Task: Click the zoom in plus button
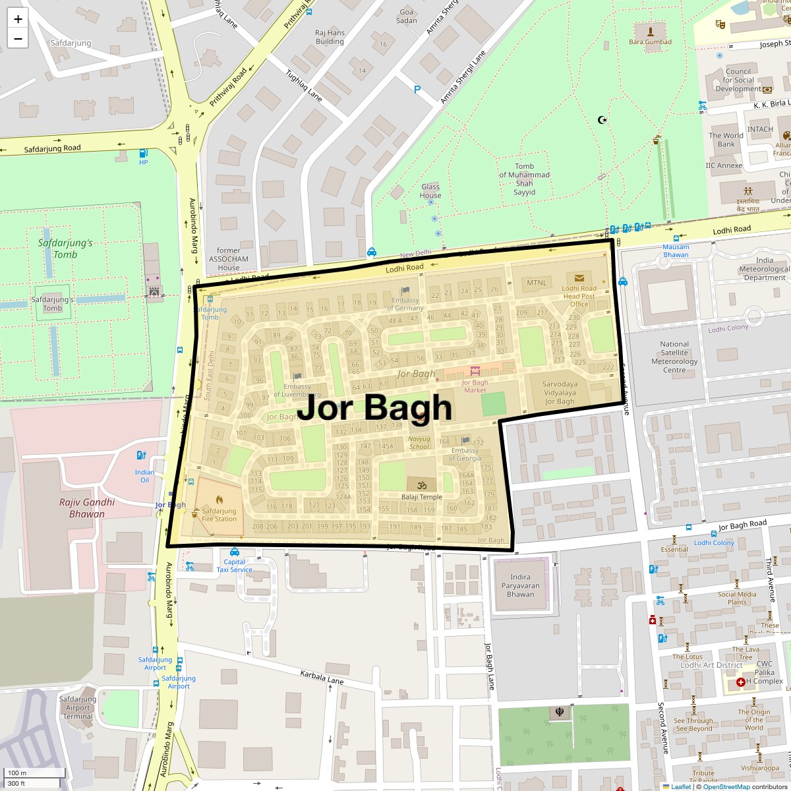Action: pyautogui.click(x=18, y=19)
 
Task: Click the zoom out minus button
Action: pyautogui.click(x=18, y=39)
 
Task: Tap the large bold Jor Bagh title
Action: pyautogui.click(x=374, y=407)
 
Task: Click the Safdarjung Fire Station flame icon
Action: pyautogui.click(x=219, y=500)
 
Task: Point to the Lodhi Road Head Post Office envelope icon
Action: pyautogui.click(x=579, y=278)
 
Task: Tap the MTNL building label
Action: pyautogui.click(x=537, y=283)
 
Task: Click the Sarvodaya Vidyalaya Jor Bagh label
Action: pyautogui.click(x=560, y=393)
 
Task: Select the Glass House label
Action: pyautogui.click(x=430, y=191)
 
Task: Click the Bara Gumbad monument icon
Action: pyautogui.click(x=651, y=31)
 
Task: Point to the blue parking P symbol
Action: pyautogui.click(x=417, y=90)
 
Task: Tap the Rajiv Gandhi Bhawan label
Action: pyautogui.click(x=87, y=508)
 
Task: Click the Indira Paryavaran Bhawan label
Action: pyautogui.click(x=520, y=585)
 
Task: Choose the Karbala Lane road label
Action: pyautogui.click(x=322, y=676)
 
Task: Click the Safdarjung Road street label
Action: pyautogui.click(x=52, y=149)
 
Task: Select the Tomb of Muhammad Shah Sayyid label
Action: pyautogui.click(x=525, y=179)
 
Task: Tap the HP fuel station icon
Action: pyautogui.click(x=143, y=154)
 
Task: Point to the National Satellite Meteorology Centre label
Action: pyautogui.click(x=674, y=357)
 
